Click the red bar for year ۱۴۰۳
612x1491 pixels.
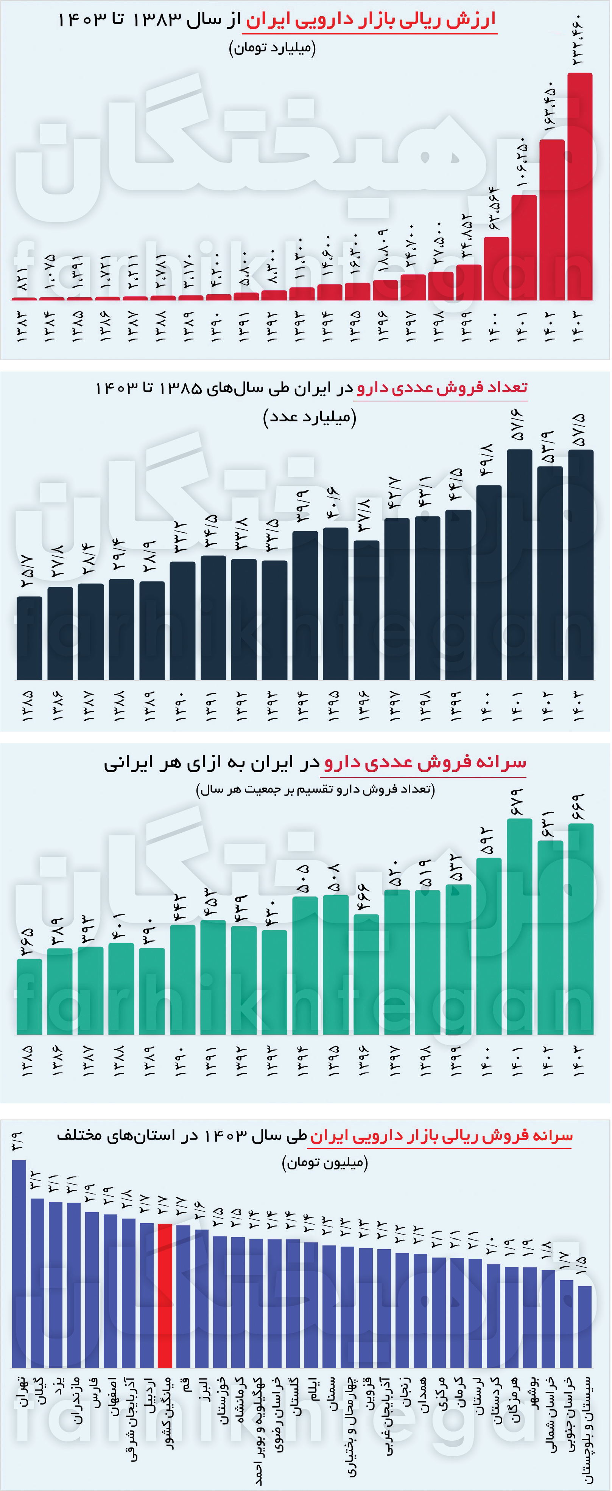pos(579,187)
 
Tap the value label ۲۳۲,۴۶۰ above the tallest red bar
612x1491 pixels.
pos(579,41)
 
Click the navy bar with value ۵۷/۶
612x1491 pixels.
pos(519,564)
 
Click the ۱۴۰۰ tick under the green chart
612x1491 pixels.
pos(488,1061)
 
